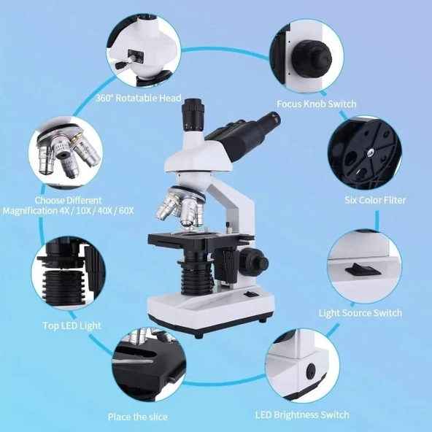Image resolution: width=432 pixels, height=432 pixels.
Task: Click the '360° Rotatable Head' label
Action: [x=139, y=98]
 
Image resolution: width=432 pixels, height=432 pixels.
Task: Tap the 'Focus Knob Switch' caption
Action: [x=317, y=104]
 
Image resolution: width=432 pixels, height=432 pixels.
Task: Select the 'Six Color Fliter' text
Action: [x=375, y=200]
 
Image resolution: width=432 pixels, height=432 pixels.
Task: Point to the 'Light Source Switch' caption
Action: [x=360, y=313]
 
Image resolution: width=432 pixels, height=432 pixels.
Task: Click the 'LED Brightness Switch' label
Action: [x=302, y=415]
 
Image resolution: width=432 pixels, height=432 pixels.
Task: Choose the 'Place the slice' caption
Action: [x=137, y=417]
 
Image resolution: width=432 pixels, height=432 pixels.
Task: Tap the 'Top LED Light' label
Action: [x=72, y=325]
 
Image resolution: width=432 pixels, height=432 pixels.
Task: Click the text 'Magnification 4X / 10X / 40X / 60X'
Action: [x=69, y=211]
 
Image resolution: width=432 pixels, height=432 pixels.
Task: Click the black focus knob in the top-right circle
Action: [x=312, y=58]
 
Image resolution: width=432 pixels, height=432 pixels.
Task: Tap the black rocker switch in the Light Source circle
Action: [x=363, y=269]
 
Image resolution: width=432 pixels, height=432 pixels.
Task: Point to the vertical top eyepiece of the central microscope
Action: [x=193, y=115]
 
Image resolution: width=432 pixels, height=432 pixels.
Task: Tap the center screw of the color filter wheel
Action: [x=370, y=152]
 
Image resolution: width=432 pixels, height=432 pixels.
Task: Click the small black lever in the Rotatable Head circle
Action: [x=120, y=65]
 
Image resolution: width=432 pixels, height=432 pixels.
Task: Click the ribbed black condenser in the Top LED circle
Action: [x=64, y=287]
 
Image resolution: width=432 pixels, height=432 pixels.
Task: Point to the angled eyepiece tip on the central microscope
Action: [x=274, y=117]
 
